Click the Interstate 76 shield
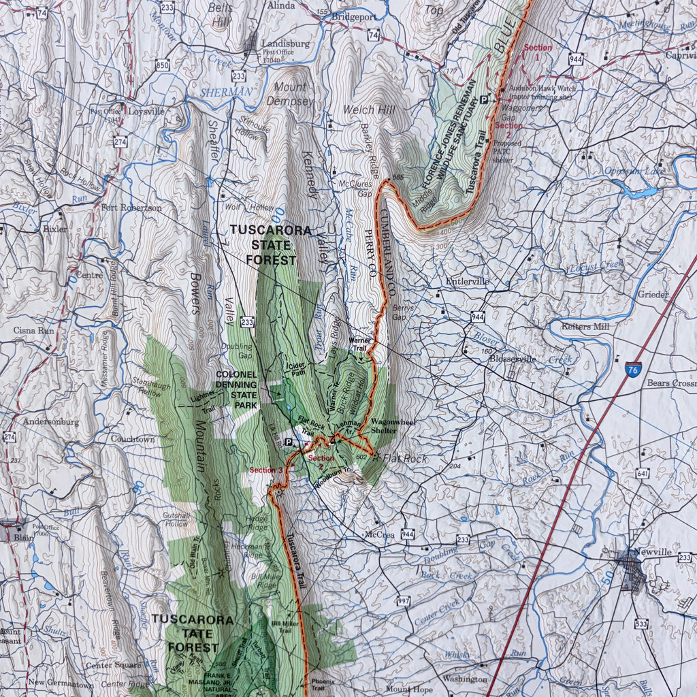click(x=633, y=370)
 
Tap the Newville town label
click(x=652, y=552)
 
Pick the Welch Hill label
click(x=370, y=109)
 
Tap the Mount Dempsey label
click(x=293, y=94)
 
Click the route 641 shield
click(x=643, y=473)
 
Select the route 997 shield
click(x=404, y=601)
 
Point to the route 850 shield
click(x=161, y=65)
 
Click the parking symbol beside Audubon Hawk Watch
click(x=484, y=100)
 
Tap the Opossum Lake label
click(x=634, y=172)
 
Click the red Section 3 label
click(x=265, y=470)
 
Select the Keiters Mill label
click(x=585, y=326)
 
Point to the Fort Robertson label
click(x=131, y=208)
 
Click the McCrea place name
click(x=379, y=534)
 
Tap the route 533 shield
click(x=641, y=623)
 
